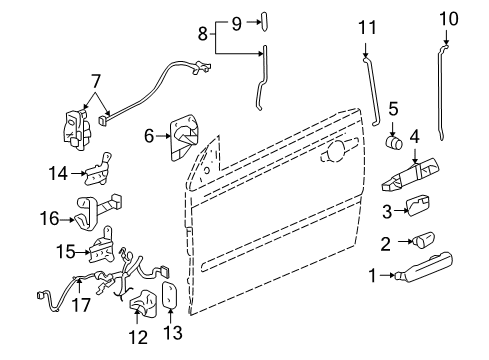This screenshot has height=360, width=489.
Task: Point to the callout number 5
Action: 395,135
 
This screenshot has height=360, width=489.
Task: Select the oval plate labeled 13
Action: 169,296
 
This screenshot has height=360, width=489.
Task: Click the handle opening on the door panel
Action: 332,156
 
